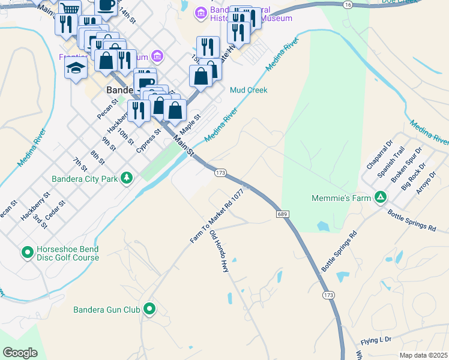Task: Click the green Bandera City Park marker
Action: [x=126, y=178]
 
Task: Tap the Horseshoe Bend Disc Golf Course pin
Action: [x=27, y=253]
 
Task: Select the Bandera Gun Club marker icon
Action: [x=149, y=310]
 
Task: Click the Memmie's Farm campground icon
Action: [x=380, y=197]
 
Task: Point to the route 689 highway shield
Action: [x=283, y=214]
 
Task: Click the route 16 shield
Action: [x=348, y=4]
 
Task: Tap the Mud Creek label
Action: [x=249, y=90]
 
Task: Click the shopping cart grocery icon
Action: [x=70, y=9]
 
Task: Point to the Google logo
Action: [x=20, y=352]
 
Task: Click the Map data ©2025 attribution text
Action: [x=423, y=355]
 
